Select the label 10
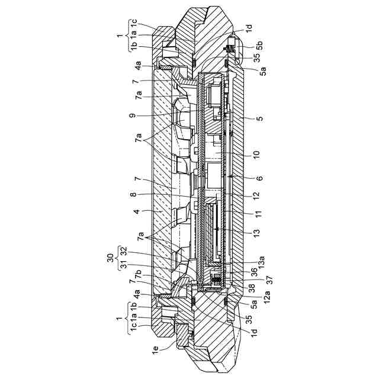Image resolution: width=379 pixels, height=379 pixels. point(256,153)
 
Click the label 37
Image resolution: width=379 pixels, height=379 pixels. point(269,280)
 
